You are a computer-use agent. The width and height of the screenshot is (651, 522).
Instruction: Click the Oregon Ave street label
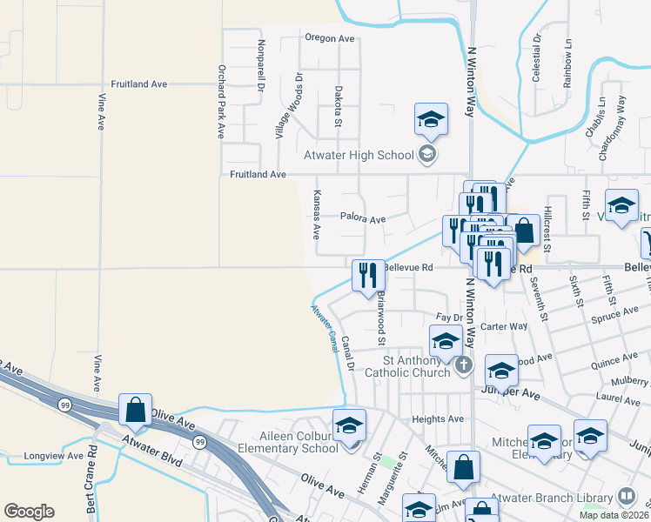coord(330,38)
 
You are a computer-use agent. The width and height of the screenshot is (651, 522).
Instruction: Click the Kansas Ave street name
coord(317,216)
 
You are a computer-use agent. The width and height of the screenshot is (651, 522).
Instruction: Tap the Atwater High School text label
coord(358,156)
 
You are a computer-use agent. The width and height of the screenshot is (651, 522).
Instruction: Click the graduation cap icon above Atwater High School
coord(430,119)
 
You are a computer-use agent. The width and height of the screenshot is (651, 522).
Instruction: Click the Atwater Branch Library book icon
coord(626,498)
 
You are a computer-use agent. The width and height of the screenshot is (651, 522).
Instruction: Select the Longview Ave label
coord(54,455)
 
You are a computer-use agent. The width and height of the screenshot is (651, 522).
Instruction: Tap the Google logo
coord(29,512)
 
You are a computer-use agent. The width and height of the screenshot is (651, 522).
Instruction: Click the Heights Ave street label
coord(438,418)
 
